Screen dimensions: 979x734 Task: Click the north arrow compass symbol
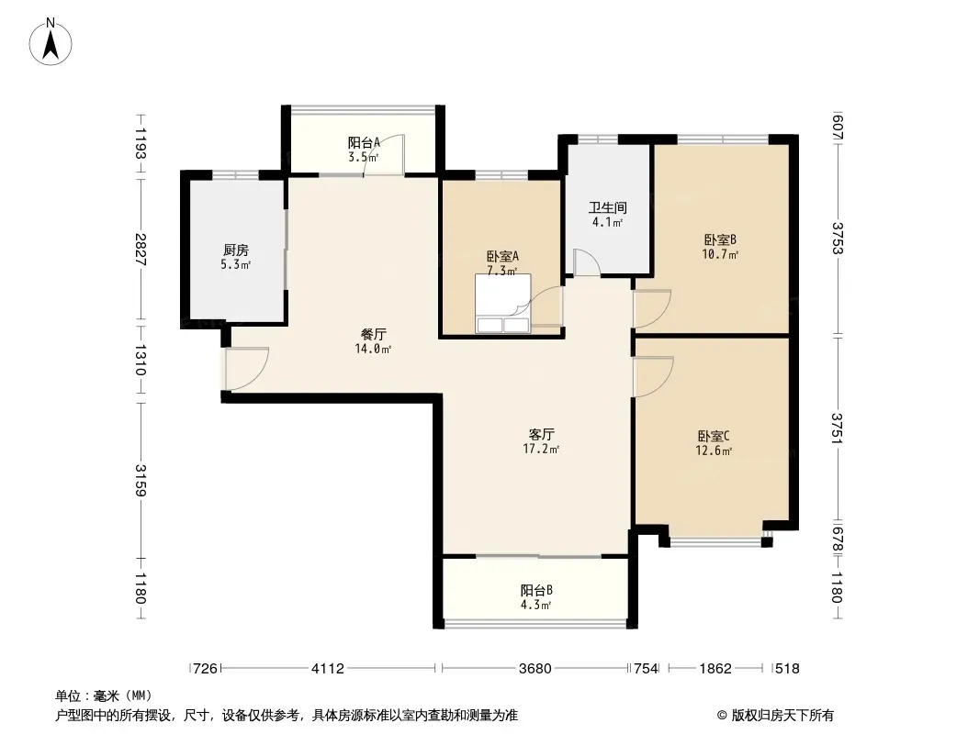tap(51, 42)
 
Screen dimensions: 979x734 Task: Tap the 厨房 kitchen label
tap(235, 250)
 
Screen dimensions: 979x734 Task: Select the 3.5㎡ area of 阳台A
tap(363, 157)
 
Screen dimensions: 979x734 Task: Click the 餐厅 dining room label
tap(373, 334)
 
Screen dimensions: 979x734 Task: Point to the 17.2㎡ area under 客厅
tap(541, 449)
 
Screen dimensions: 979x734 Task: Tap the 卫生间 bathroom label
tap(607, 207)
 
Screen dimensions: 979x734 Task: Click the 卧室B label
tap(720, 239)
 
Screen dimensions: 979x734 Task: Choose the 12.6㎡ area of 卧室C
tap(714, 450)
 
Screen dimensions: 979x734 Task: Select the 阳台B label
tap(536, 590)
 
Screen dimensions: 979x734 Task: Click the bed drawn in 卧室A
tap(502, 304)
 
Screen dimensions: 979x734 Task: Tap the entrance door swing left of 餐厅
tap(247, 369)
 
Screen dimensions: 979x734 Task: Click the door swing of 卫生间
tap(587, 262)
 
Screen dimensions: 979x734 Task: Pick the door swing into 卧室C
tap(653, 377)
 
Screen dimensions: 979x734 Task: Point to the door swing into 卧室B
tap(652, 308)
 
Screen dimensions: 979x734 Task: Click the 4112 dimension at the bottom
tap(328, 669)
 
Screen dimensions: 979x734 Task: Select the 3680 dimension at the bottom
tap(535, 669)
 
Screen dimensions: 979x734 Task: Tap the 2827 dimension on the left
tap(141, 250)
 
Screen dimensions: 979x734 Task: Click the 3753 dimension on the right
tap(838, 239)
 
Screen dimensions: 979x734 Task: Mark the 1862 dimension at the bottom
tap(715, 669)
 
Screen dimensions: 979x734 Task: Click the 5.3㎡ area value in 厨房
tap(235, 265)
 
